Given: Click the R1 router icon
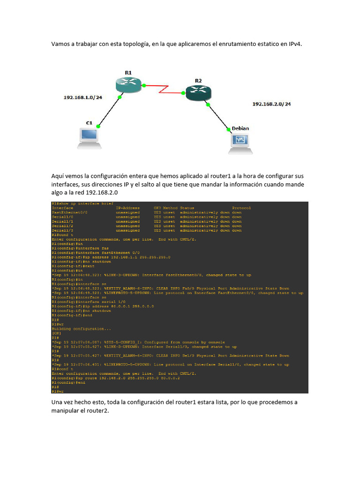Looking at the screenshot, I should [128, 84].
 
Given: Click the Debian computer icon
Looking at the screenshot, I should [240, 142].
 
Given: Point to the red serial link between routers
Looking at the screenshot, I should [164, 89].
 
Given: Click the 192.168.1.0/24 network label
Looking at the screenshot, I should [82, 97].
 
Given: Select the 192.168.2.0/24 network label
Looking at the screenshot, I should [271, 104].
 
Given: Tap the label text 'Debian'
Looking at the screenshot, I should [240, 128].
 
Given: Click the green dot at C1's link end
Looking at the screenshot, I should [98, 126].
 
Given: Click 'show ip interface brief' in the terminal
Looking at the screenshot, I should [83, 203].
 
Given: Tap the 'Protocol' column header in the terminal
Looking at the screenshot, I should [241, 208].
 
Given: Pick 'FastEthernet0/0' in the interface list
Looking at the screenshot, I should [69, 212].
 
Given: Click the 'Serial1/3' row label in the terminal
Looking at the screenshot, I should [63, 230].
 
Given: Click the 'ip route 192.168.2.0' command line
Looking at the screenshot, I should [122, 378].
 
